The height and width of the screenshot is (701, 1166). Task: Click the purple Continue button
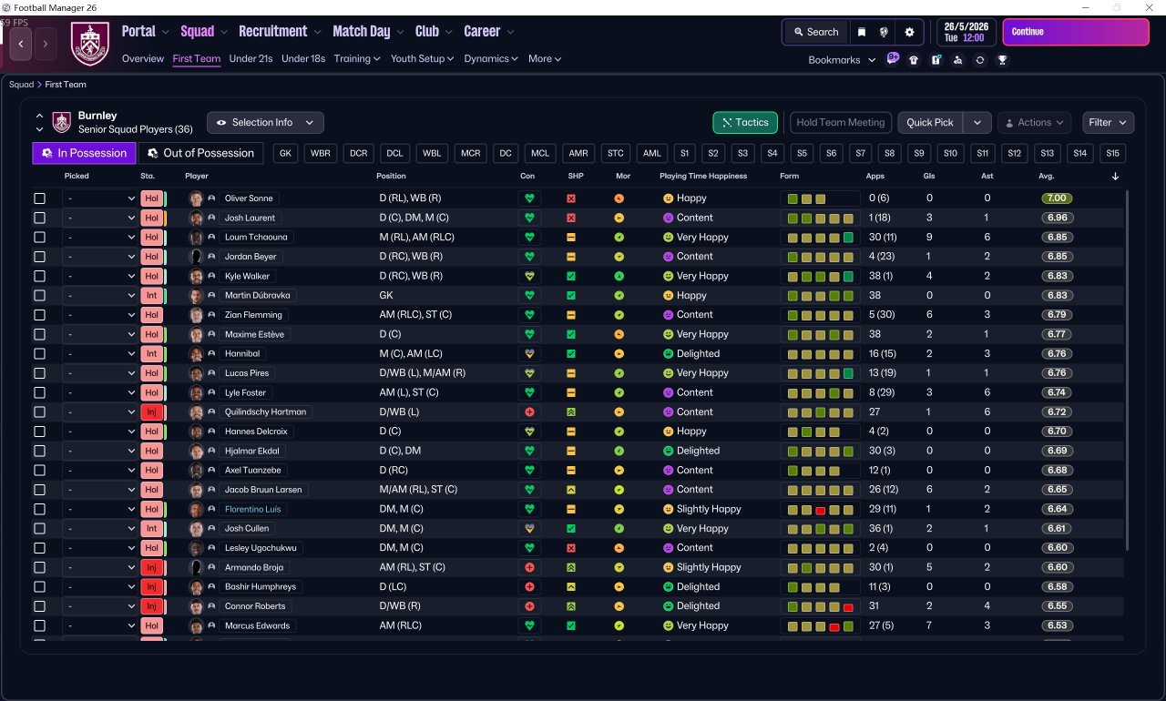pos(1075,32)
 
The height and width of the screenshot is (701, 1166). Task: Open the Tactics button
pos(745,123)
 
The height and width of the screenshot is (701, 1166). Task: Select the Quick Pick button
pos(930,123)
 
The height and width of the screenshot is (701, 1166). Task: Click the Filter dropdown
pos(1108,123)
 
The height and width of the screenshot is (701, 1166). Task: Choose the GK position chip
pos(286,153)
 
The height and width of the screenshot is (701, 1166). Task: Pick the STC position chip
pos(616,153)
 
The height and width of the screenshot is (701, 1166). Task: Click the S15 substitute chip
pos(1112,153)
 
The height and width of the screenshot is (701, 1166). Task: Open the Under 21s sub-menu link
pos(251,59)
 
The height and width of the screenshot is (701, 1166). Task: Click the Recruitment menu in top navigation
pos(273,32)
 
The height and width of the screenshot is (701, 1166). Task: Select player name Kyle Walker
pos(248,276)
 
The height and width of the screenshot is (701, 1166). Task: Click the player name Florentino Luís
pos(253,509)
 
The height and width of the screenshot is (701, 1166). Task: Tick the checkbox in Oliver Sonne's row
pos(39,198)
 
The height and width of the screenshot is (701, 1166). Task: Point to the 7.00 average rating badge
pos(1057,198)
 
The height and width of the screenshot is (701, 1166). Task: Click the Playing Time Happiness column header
pos(702,176)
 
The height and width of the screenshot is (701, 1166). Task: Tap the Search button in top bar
pos(814,32)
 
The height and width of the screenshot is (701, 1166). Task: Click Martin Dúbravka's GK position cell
pos(386,295)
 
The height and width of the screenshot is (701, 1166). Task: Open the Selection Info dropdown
pos(265,123)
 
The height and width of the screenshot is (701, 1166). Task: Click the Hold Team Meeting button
pos(840,123)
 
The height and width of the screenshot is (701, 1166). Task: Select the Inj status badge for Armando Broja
pos(151,567)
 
